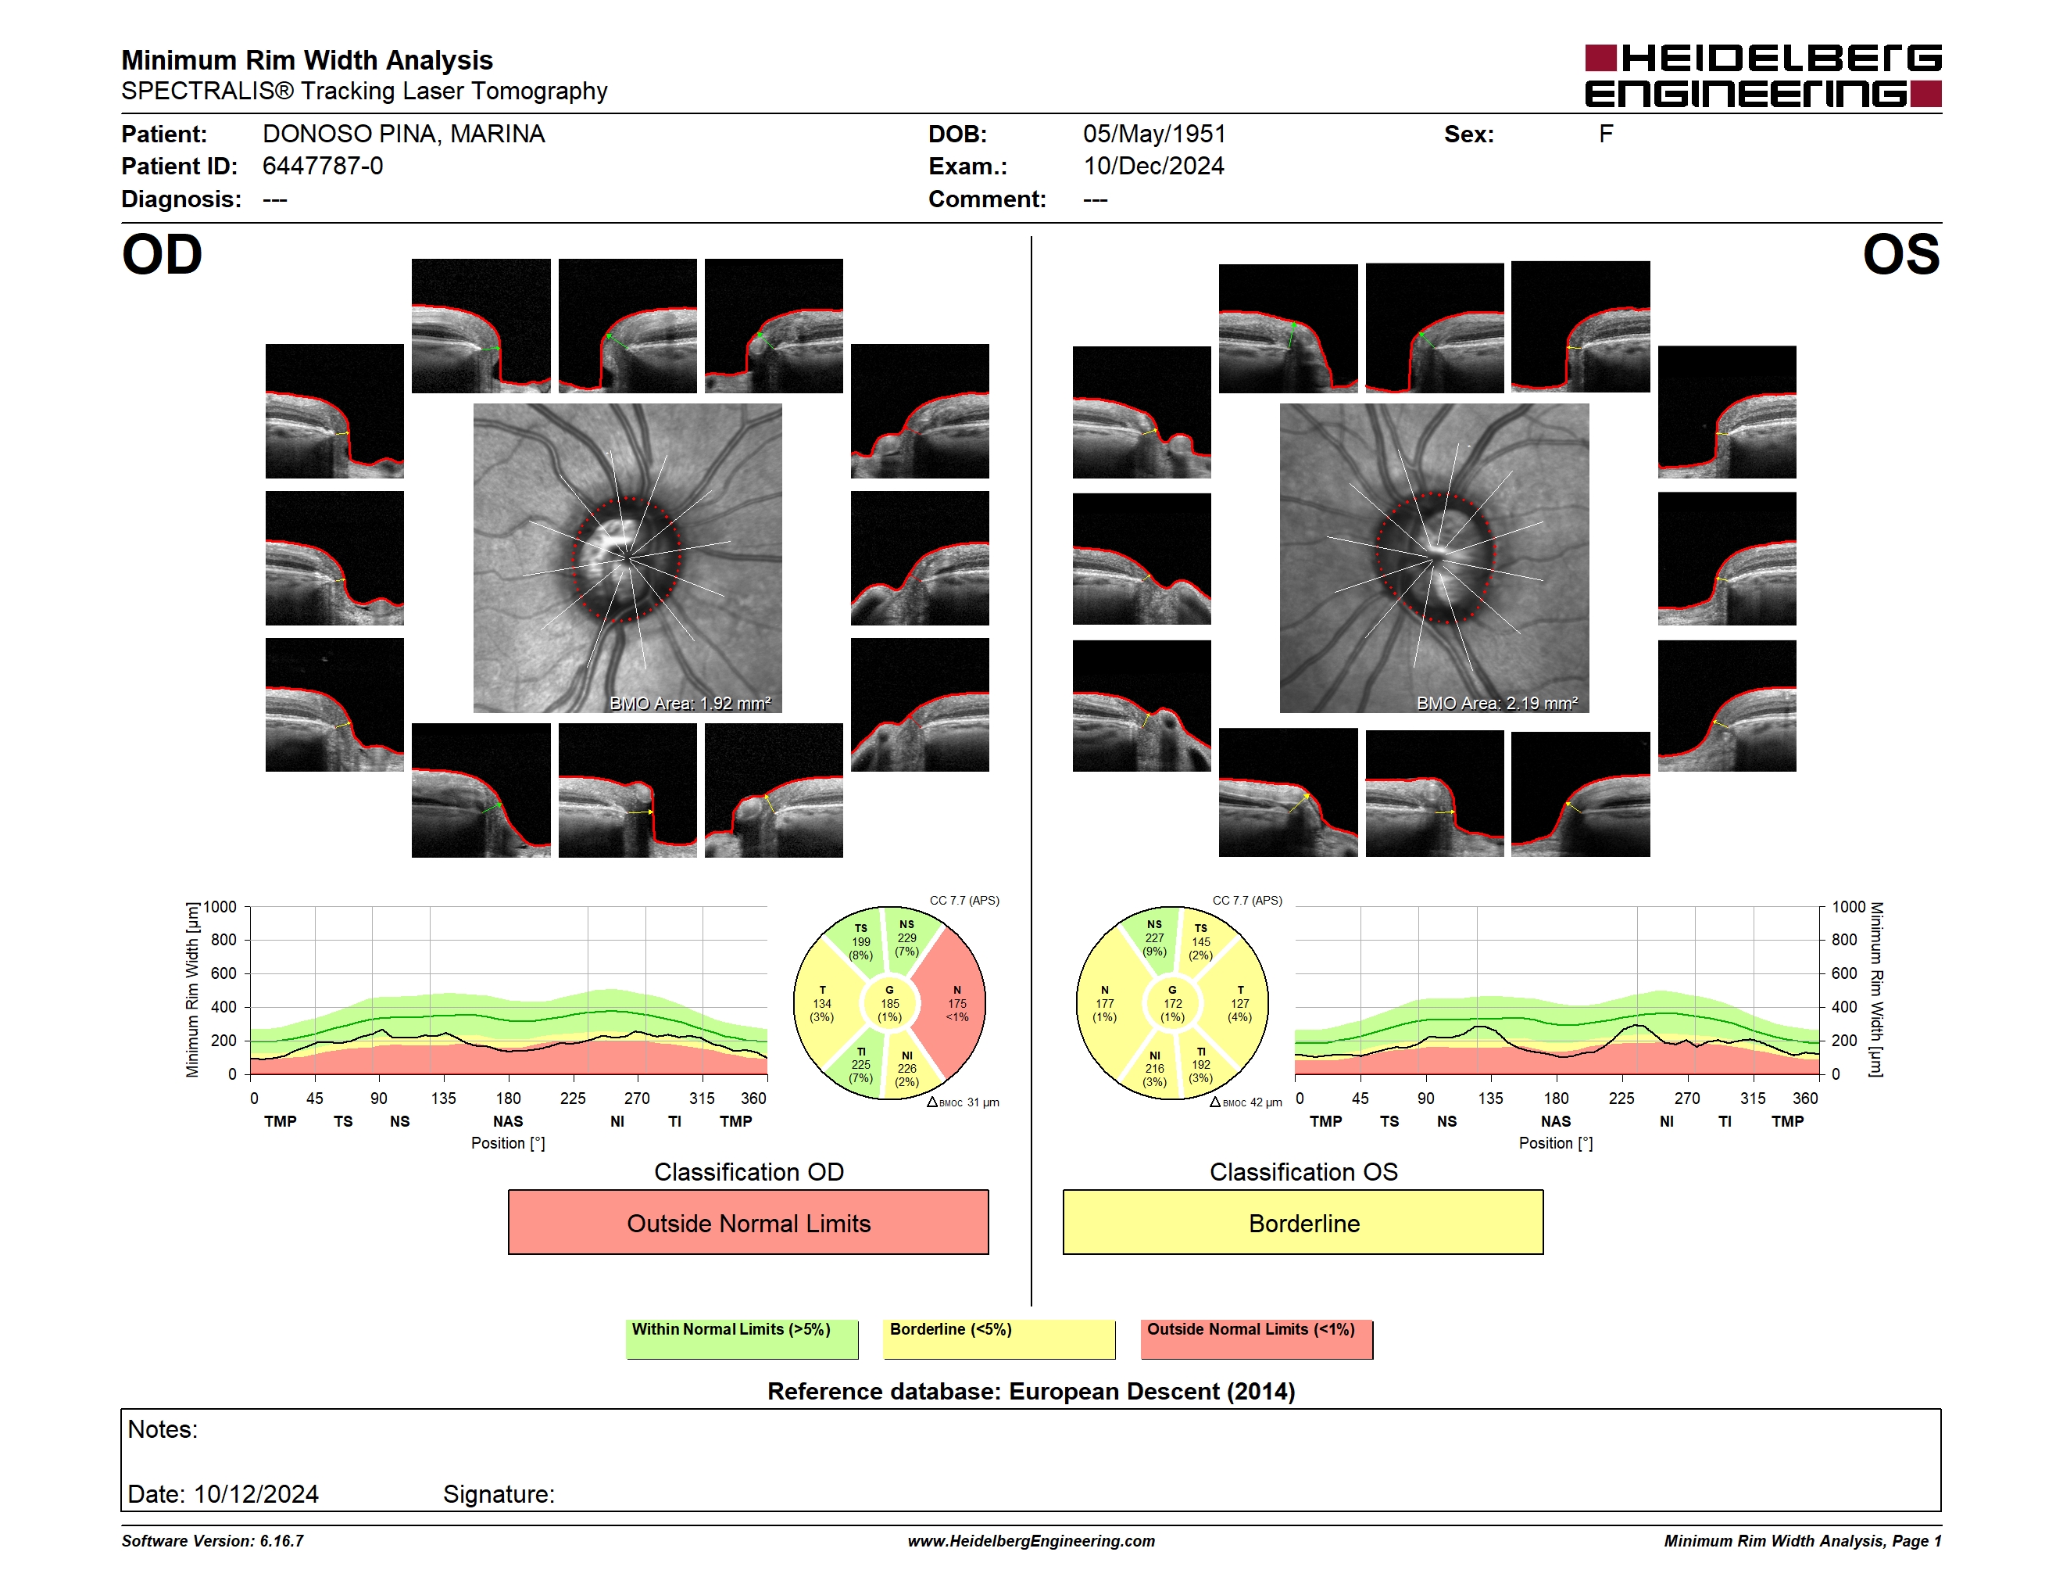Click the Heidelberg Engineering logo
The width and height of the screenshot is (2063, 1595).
coord(1763,76)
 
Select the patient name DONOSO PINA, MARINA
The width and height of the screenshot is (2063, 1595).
coord(403,134)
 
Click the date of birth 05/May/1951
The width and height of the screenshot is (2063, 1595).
coord(1154,134)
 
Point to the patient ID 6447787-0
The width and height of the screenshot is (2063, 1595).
coord(323,167)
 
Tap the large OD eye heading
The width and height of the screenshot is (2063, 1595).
coord(162,255)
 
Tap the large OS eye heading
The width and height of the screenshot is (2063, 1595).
coord(1901,255)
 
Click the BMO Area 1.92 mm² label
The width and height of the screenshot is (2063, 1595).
coord(691,703)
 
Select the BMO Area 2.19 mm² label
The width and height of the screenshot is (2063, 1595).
coord(1497,703)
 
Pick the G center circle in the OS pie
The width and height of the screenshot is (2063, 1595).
coord(1172,1003)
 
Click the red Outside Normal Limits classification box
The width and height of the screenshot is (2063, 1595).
coord(748,1222)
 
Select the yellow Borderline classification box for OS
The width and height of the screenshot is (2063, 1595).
coord(1303,1222)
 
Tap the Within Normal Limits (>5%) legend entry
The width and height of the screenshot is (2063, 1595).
coord(742,1339)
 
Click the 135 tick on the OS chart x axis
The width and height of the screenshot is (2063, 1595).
coord(1490,1098)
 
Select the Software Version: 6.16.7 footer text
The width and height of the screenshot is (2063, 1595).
coord(213,1541)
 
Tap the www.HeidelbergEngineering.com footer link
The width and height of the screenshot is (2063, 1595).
coord(1031,1541)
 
